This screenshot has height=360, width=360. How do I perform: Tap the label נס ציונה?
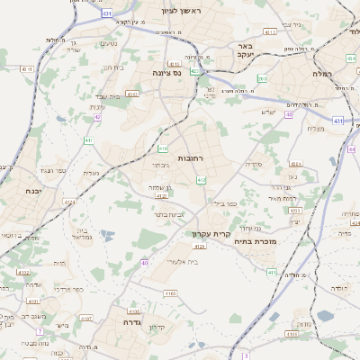click(166, 72)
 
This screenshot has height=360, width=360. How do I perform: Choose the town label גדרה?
click(118, 319)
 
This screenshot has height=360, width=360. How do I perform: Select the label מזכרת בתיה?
click(251, 241)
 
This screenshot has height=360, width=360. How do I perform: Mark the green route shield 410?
click(163, 148)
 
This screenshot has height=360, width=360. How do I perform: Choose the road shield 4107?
click(86, 318)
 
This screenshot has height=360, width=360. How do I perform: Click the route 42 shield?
click(97, 117)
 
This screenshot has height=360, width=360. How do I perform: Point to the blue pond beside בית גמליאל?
click(107, 236)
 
